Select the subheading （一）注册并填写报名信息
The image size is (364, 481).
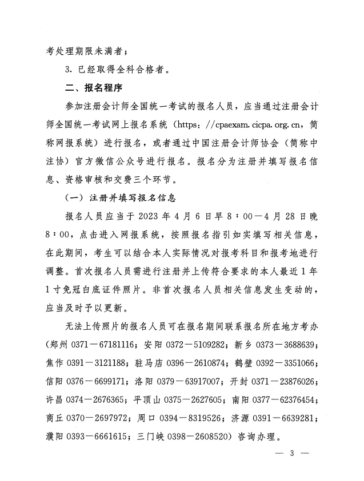pyautogui.click(x=120, y=199)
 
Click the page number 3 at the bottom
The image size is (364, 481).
pyautogui.click(x=291, y=454)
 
